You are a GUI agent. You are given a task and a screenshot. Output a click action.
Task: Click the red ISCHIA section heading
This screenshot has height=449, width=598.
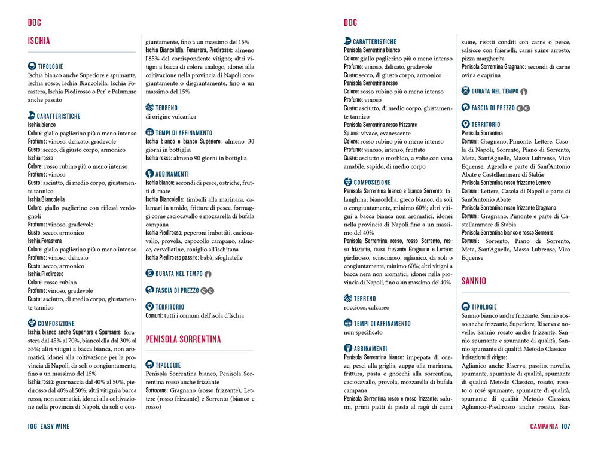click(x=39, y=41)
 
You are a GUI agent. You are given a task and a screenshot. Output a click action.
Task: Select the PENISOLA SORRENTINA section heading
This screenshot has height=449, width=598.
click(x=183, y=339)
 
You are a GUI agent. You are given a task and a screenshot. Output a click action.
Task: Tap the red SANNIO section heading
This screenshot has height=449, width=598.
click(x=474, y=281)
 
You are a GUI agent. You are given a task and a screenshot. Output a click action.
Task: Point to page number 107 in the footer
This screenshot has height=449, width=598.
click(x=566, y=426)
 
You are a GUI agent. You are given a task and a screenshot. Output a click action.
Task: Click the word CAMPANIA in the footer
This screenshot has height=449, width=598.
click(x=544, y=426)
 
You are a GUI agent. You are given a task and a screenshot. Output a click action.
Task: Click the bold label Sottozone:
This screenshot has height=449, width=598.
click(x=160, y=390)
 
